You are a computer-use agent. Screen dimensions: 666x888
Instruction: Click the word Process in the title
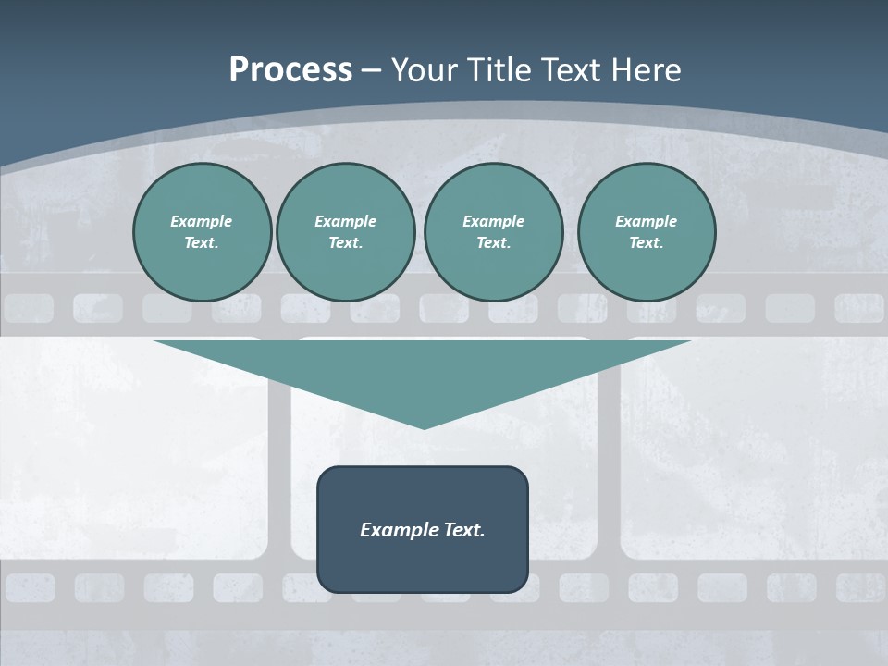tap(290, 70)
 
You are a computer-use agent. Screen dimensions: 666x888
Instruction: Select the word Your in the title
tap(421, 70)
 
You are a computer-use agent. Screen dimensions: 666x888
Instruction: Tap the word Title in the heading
tap(496, 70)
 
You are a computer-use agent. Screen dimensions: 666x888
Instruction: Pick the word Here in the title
tap(647, 70)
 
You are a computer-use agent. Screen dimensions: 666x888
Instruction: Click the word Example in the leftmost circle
tap(202, 221)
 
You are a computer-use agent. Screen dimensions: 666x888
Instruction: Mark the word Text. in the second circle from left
tap(346, 242)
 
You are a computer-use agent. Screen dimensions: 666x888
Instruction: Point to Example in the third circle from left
tap(493, 221)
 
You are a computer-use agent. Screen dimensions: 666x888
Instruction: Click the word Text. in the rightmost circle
tap(647, 242)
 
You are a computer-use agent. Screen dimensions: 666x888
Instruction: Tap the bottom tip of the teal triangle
tap(424, 425)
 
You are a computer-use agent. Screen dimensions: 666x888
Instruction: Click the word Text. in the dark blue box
tap(464, 530)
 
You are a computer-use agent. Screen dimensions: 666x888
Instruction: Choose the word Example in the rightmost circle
tap(647, 221)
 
